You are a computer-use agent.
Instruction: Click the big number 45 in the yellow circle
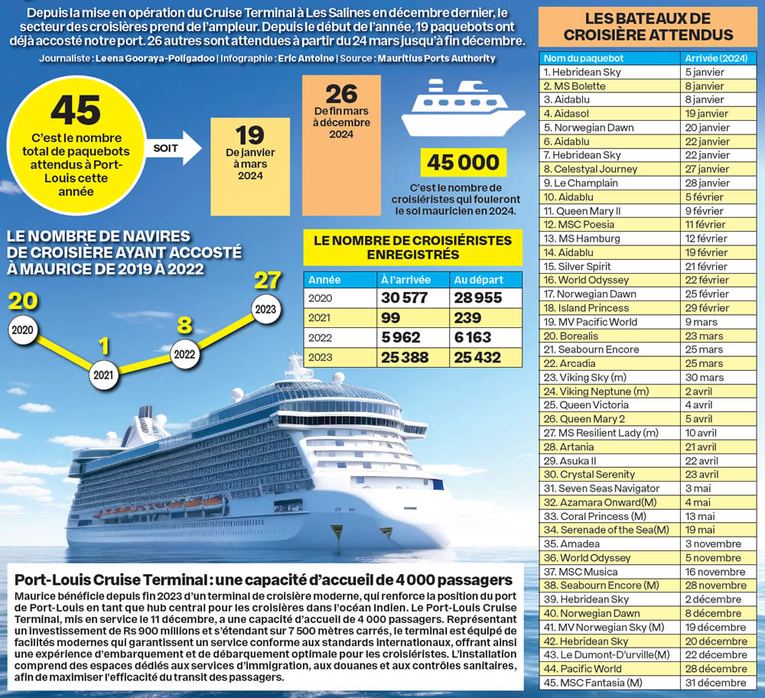pyautogui.click(x=76, y=109)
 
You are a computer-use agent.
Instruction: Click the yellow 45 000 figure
pyautogui.click(x=463, y=162)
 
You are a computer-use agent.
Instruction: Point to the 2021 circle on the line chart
pyautogui.click(x=103, y=375)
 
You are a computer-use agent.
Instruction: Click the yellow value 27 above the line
pyautogui.click(x=267, y=281)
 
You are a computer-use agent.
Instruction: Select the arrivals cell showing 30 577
pyautogui.click(x=404, y=298)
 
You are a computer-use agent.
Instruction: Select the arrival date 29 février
pyautogui.click(x=705, y=308)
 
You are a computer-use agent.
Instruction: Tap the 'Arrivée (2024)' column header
pyautogui.click(x=716, y=58)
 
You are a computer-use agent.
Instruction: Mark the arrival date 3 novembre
pyautogui.click(x=714, y=544)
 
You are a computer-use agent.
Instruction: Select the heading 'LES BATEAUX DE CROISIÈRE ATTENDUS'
pyautogui.click(x=648, y=27)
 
